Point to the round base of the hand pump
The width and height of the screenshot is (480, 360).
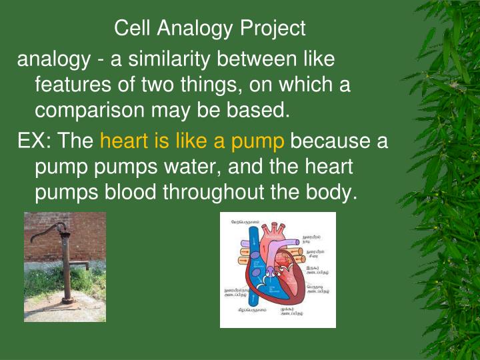point(68,301)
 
